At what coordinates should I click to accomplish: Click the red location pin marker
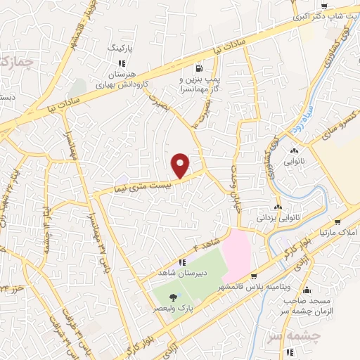tap(181, 165)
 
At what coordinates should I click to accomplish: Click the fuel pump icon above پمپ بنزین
tap(200, 69)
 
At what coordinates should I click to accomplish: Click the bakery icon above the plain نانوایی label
tap(292, 150)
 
